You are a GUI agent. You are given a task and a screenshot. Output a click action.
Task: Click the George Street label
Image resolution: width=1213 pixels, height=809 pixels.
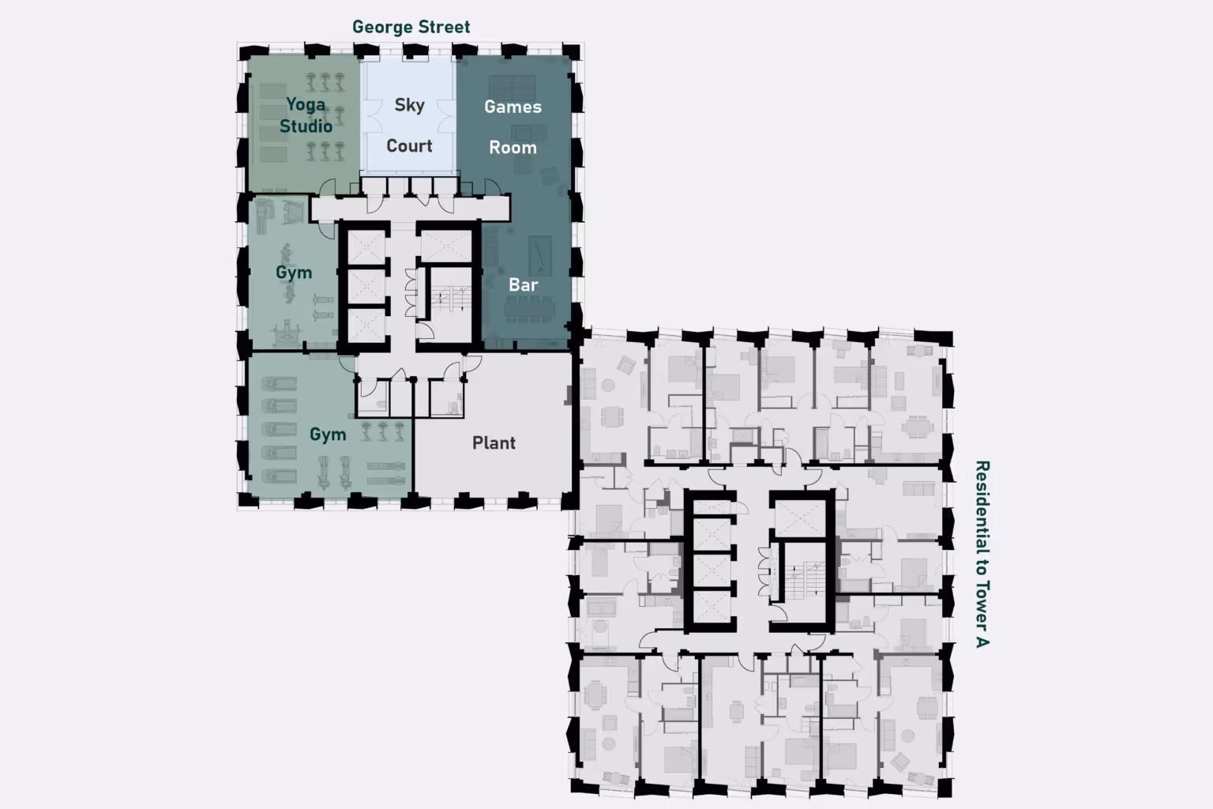pyautogui.click(x=411, y=27)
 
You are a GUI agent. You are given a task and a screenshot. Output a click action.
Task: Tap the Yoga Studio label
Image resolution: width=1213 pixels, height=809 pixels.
pyautogui.click(x=306, y=115)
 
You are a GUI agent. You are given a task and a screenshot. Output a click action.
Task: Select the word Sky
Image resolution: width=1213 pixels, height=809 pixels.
pyautogui.click(x=409, y=105)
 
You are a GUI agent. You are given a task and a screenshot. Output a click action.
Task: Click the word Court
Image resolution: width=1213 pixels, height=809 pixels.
pyautogui.click(x=409, y=145)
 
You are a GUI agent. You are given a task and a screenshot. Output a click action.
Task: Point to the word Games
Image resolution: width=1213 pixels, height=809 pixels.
pyautogui.click(x=513, y=107)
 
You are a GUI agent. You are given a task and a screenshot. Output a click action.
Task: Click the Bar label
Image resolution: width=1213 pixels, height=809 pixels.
pyautogui.click(x=523, y=285)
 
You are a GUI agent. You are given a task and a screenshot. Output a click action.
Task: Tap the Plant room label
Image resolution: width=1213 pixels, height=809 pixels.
pyautogui.click(x=494, y=442)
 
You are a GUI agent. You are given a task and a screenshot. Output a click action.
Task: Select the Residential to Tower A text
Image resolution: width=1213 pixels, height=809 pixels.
pyautogui.click(x=982, y=554)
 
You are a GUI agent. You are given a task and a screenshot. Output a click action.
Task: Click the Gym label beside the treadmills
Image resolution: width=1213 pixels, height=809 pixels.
pyautogui.click(x=328, y=435)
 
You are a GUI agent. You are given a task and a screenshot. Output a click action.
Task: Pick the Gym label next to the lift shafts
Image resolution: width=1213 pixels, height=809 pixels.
pyautogui.click(x=294, y=273)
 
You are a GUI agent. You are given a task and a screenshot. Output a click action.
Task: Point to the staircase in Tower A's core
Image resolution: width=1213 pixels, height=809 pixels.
pyautogui.click(x=805, y=581)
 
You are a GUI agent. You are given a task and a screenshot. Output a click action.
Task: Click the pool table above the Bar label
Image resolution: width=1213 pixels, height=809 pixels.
pyautogui.click(x=540, y=254)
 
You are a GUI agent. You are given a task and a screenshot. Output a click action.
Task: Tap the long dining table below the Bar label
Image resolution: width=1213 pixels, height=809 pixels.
pyautogui.click(x=530, y=310)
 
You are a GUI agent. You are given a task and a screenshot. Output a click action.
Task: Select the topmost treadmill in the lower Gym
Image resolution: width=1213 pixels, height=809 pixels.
pyautogui.click(x=279, y=384)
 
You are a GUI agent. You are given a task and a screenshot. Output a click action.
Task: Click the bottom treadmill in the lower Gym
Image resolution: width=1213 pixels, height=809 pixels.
pyautogui.click(x=279, y=476)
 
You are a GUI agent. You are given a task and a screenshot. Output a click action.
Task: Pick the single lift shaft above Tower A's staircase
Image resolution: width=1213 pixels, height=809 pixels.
pyautogui.click(x=800, y=518)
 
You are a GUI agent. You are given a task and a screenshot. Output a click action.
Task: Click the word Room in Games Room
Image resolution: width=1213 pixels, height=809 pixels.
pyautogui.click(x=513, y=148)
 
